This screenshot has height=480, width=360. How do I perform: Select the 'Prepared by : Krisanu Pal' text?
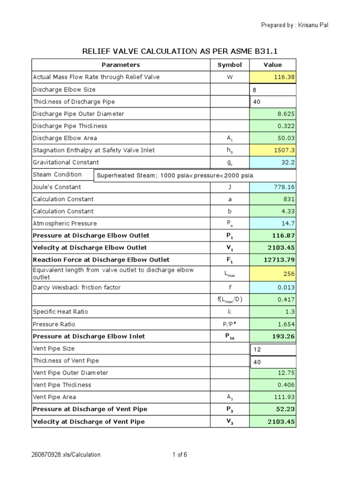294,25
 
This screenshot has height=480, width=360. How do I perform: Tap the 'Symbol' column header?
230,65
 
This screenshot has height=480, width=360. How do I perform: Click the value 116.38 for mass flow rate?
285,77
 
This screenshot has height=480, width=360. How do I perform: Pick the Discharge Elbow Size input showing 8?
273,90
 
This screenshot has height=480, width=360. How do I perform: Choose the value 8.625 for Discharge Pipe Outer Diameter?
286,114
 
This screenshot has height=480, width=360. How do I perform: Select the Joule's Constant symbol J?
230,187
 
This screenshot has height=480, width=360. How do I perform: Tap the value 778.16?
285,187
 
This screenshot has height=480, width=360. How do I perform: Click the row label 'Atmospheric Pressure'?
65,224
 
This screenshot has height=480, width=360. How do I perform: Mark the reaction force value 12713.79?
280,260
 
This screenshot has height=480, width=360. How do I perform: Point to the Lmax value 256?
289,274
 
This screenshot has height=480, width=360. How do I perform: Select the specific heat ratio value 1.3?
290,312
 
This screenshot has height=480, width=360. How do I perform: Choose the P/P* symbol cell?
230,324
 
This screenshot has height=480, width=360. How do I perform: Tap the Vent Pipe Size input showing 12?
273,349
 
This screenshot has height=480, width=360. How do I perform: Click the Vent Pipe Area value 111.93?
285,397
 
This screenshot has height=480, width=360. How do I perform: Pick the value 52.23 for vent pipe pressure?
285,409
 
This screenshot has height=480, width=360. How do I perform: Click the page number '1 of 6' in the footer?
180,454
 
